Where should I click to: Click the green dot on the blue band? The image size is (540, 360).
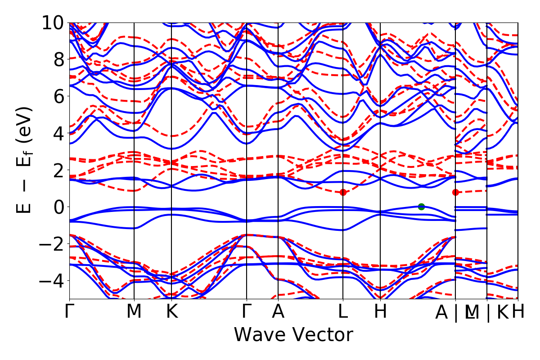(x=421, y=207)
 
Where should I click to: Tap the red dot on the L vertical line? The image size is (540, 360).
(x=343, y=192)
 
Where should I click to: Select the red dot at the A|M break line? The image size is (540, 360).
(x=455, y=192)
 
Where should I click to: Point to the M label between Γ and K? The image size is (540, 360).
(x=134, y=312)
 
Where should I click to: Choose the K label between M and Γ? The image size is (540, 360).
(x=171, y=312)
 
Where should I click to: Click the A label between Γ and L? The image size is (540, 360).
(x=278, y=312)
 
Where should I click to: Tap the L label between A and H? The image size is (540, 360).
(x=343, y=312)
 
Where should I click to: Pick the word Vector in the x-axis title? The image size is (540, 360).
(x=321, y=335)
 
